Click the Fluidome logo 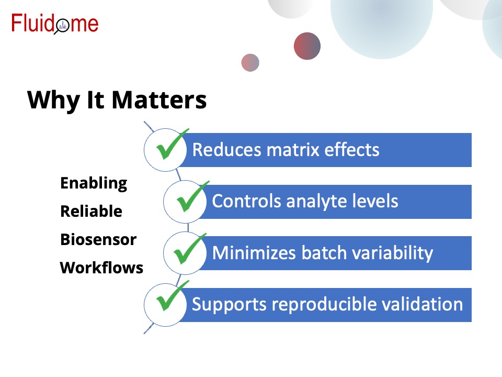pyautogui.click(x=55, y=24)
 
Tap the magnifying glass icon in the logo pyautogui.click(x=62, y=26)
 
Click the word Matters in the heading pyautogui.click(x=159, y=100)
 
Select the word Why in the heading pyautogui.click(x=53, y=101)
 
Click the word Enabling pyautogui.click(x=94, y=183)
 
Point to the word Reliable pyautogui.click(x=91, y=211)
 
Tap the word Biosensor pyautogui.click(x=98, y=239)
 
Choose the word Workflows pyautogui.click(x=101, y=268)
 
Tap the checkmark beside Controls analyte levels pyautogui.click(x=192, y=196)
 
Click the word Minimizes pyautogui.click(x=254, y=252)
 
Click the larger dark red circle pyautogui.click(x=307, y=46)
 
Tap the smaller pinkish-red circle pyautogui.click(x=250, y=62)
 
